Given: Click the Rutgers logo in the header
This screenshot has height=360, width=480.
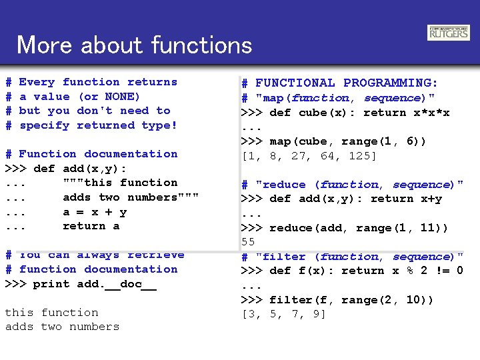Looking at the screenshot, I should [448, 33].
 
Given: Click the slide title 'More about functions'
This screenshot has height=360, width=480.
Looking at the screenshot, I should [135, 45].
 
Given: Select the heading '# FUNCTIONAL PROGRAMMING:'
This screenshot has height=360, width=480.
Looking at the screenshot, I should [339, 83].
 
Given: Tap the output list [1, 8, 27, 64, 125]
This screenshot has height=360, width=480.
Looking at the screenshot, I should [309, 156].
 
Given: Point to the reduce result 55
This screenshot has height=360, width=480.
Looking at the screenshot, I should [248, 242].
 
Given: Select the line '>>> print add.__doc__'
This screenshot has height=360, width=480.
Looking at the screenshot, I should [81, 284].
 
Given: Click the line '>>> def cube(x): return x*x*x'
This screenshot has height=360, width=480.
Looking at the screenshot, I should [345, 113].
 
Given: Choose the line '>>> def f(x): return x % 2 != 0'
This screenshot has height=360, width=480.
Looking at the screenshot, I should [351, 271].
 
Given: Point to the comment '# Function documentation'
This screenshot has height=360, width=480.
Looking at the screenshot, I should [91, 154].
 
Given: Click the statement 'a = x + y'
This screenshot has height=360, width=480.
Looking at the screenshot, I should [95, 212].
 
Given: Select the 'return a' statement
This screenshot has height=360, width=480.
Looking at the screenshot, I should [91, 226].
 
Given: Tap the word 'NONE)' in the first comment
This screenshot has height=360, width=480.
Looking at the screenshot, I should [122, 97].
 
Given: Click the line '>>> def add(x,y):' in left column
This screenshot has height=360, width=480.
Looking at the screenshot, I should [66, 169].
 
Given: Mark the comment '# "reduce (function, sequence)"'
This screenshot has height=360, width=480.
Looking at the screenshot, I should [351, 185].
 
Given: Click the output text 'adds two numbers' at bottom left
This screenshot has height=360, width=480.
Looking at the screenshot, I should [62, 327].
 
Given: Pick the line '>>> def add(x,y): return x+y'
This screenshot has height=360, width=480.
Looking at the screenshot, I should [341, 199].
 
